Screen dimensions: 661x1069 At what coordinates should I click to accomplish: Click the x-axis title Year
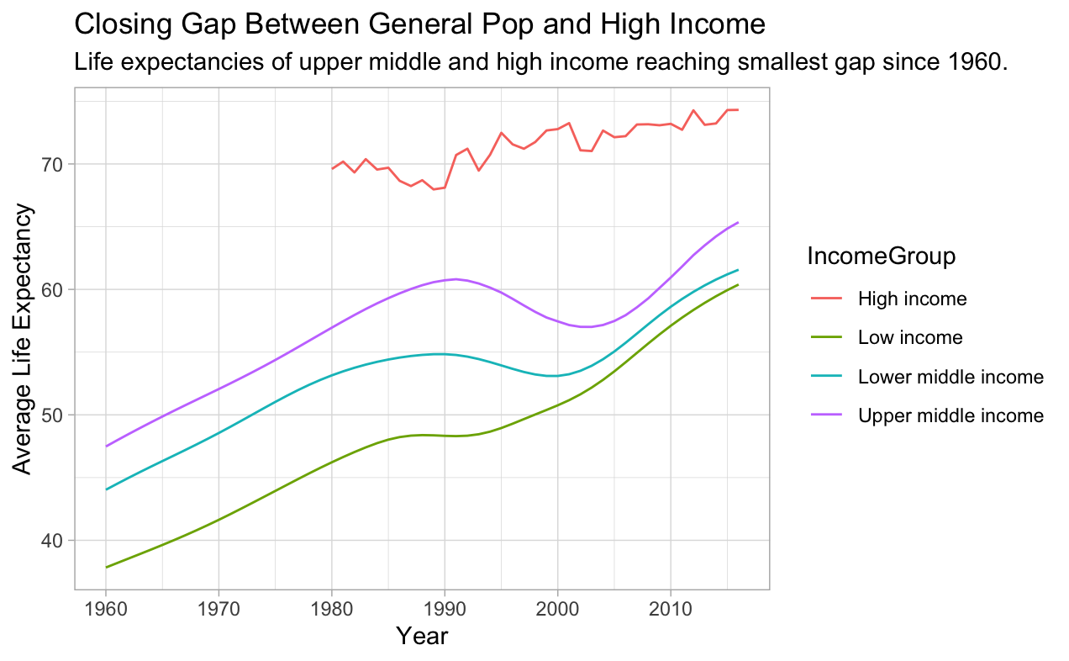click(422, 636)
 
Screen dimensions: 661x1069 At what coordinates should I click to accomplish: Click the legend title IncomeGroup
click(880, 257)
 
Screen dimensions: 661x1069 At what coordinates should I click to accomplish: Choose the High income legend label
click(912, 299)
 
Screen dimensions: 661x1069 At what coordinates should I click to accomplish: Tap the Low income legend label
click(910, 338)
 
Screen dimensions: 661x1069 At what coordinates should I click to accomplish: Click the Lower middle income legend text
click(951, 377)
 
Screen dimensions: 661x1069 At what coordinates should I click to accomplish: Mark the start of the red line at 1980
click(332, 169)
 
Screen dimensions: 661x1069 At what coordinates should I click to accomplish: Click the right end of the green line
click(738, 284)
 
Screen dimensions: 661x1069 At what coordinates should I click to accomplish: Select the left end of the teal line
click(106, 489)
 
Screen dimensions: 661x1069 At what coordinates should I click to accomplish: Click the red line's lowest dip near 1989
click(434, 189)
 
